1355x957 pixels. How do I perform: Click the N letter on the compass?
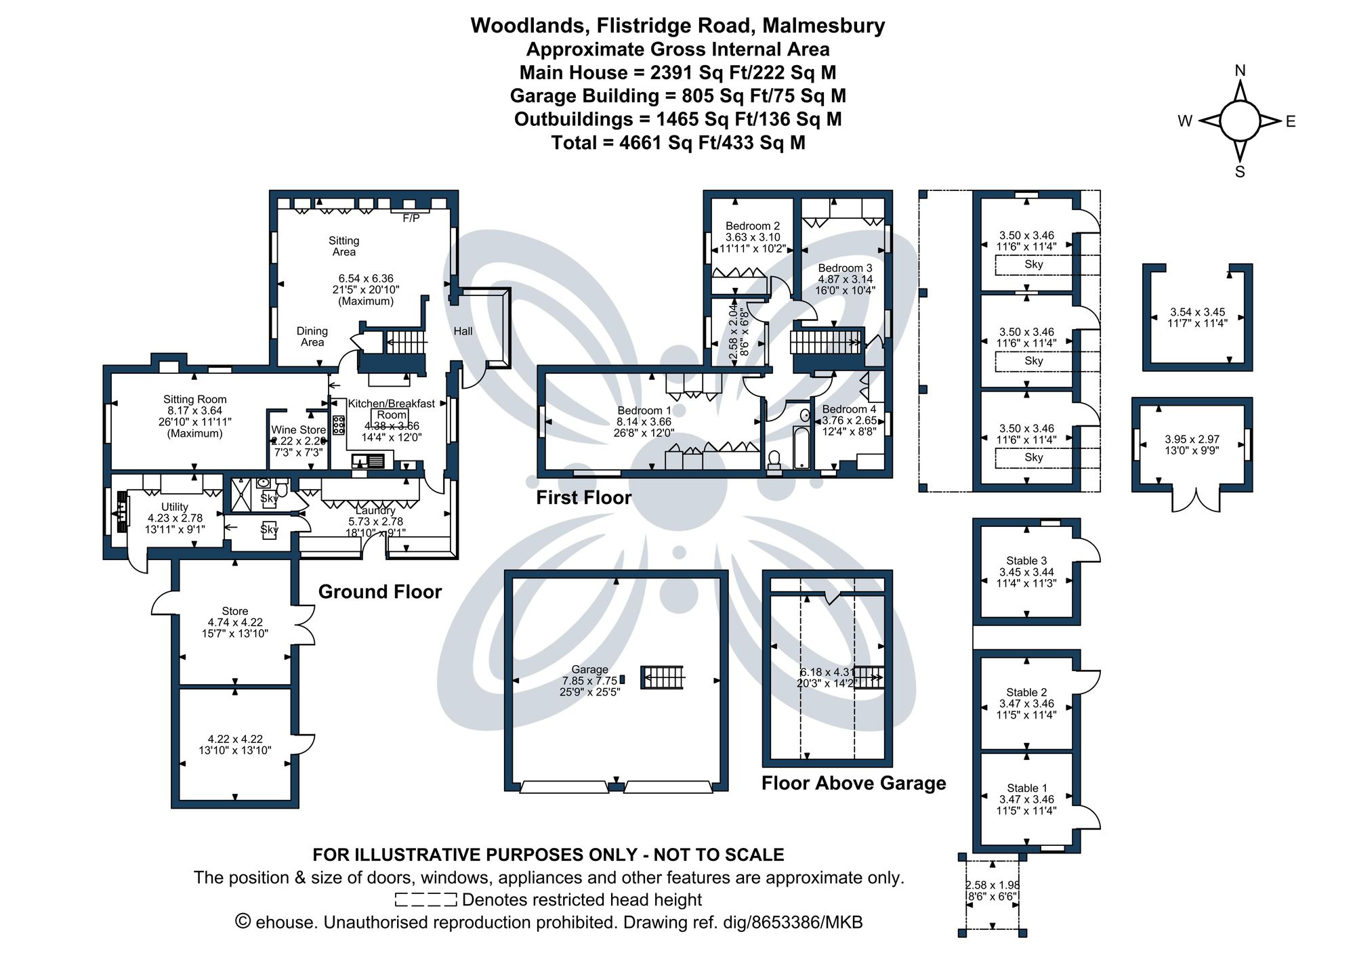click(x=1240, y=70)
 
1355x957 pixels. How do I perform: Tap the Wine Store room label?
click(x=298, y=429)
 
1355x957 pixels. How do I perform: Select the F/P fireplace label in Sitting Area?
click(x=411, y=218)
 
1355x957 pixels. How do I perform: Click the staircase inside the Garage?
click(x=662, y=677)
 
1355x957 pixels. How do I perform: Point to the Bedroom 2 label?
click(x=752, y=226)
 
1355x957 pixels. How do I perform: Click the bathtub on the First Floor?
click(x=801, y=448)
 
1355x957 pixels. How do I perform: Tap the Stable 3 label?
click(x=1026, y=560)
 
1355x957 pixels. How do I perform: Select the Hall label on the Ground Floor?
click(x=463, y=331)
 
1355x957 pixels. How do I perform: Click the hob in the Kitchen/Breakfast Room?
click(x=338, y=425)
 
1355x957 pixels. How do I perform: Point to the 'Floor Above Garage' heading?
click(x=853, y=783)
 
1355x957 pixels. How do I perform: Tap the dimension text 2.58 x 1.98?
click(x=992, y=885)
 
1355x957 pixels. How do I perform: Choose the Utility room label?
click(x=174, y=507)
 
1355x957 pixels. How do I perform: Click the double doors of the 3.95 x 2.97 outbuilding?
click(x=1196, y=501)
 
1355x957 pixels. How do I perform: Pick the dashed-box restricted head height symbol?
click(x=425, y=900)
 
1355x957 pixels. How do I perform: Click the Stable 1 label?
click(x=1026, y=788)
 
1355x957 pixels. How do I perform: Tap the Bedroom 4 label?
click(x=849, y=409)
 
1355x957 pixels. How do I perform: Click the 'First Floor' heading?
click(x=583, y=498)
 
